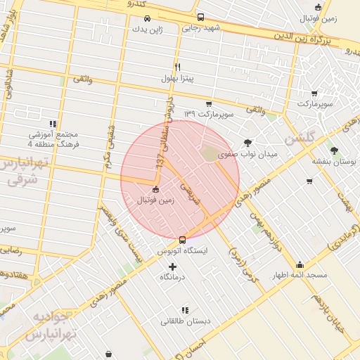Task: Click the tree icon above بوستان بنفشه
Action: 333,150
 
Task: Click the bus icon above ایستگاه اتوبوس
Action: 183,240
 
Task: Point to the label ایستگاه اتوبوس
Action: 183,250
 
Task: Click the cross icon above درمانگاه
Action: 173,266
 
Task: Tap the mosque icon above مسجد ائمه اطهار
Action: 300,264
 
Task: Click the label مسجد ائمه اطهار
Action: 300,275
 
